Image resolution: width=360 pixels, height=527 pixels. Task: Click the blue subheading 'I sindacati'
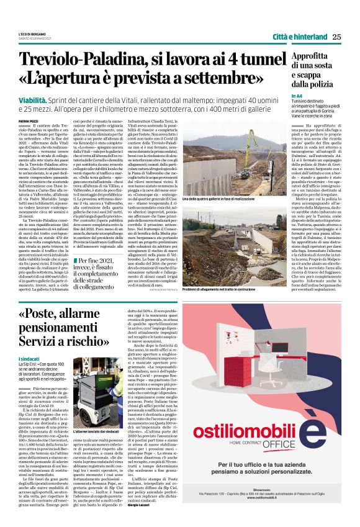(x=30, y=359)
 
